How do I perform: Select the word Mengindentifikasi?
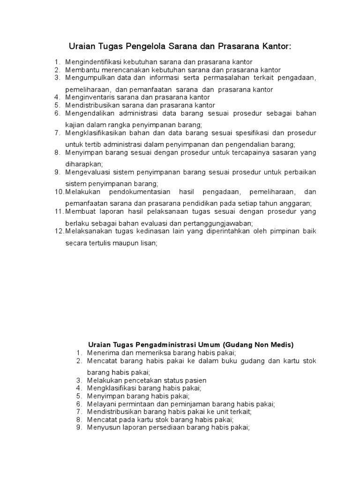[94, 62]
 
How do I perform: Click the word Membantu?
[80, 70]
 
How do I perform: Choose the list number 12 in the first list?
[59, 231]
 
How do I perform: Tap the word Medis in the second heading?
[281, 345]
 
